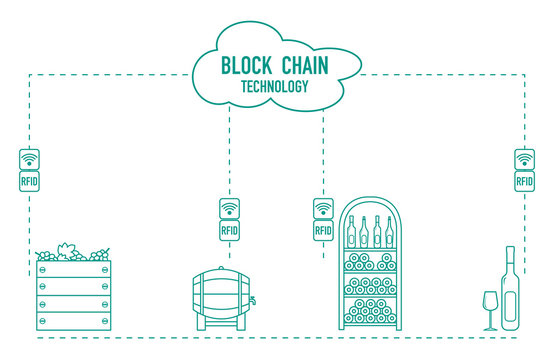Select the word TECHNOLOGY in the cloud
click(274, 86)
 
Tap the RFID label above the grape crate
click(29, 182)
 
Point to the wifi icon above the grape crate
click(29, 158)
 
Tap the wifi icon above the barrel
click(229, 208)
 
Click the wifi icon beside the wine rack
click(323, 208)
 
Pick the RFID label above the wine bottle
click(524, 182)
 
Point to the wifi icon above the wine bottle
click(524, 158)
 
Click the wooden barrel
click(222, 294)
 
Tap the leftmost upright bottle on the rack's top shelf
click(350, 232)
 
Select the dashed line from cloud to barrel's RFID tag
click(229, 150)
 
